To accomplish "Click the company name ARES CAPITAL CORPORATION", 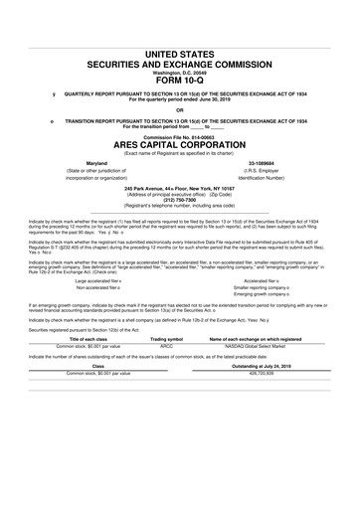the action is [x=179, y=145].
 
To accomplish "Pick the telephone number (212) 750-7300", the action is [x=179, y=200].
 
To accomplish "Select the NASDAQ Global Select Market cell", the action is [x=261, y=374].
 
